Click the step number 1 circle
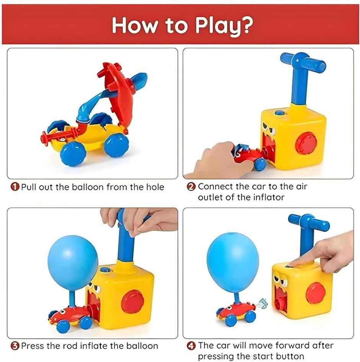click(15, 187)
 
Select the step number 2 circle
click(191, 187)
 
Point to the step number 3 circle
click(15, 346)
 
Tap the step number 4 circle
click(191, 346)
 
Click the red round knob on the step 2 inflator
click(306, 143)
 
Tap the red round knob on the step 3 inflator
click(133, 302)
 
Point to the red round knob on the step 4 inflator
click(316, 293)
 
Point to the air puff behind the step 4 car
click(262, 305)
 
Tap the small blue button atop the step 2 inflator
click(280, 113)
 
